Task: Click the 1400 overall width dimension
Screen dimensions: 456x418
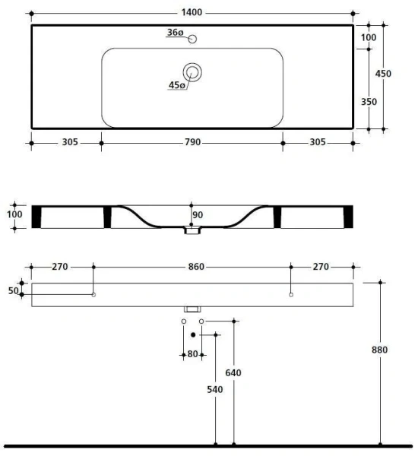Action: pyautogui.click(x=192, y=14)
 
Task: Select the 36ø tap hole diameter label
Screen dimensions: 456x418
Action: pyautogui.click(x=175, y=33)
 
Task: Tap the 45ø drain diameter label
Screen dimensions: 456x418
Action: pyautogui.click(x=176, y=85)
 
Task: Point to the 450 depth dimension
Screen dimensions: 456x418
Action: pyautogui.click(x=385, y=74)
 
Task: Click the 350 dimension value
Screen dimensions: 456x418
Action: pyautogui.click(x=369, y=101)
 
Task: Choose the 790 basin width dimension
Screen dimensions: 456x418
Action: pyautogui.click(x=192, y=142)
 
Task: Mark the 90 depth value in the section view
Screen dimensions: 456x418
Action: pyautogui.click(x=198, y=215)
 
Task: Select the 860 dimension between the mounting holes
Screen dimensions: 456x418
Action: pyautogui.click(x=192, y=267)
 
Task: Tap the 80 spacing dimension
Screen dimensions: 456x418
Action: pyautogui.click(x=192, y=354)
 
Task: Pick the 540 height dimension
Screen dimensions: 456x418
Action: pyautogui.click(x=215, y=390)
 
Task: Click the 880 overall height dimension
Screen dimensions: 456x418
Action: pyautogui.click(x=381, y=350)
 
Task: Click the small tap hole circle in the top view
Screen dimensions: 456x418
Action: pyautogui.click(x=192, y=39)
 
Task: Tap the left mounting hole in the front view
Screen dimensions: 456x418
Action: pyautogui.click(x=93, y=295)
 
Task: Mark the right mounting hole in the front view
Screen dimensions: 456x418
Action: pyautogui.click(x=291, y=295)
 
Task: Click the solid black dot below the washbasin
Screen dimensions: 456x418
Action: pyautogui.click(x=193, y=334)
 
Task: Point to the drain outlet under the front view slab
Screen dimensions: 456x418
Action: pyautogui.click(x=192, y=309)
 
